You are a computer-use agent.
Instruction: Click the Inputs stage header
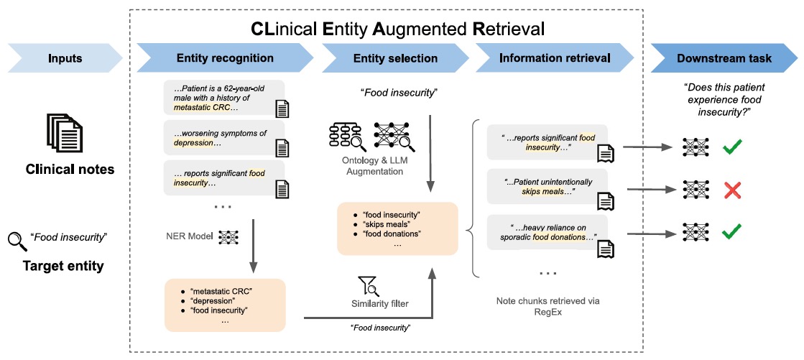[65, 58]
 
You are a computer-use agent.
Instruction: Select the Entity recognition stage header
[225, 58]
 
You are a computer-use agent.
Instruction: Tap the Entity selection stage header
[395, 58]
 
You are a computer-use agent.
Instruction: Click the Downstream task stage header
[724, 58]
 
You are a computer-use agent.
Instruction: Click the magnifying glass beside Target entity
[17, 241]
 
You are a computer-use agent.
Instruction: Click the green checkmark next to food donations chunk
[732, 234]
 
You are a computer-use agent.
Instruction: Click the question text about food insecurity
[724, 98]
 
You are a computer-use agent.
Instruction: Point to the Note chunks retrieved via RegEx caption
[547, 306]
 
